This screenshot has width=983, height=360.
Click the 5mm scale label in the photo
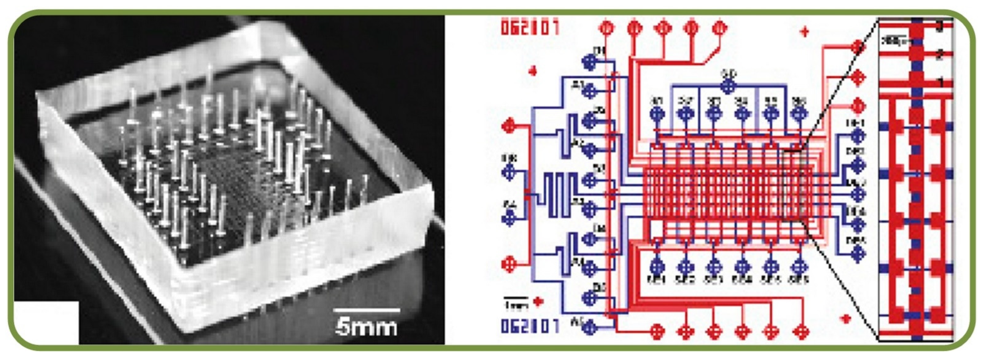pos(366,328)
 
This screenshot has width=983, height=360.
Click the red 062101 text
pos(530,28)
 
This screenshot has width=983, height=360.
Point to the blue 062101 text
pos(530,326)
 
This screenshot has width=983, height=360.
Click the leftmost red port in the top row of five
pos(607,28)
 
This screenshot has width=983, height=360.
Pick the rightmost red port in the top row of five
pos(719,28)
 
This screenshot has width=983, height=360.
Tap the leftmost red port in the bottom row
pos(657,331)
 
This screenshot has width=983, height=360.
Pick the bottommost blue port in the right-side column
pos(857,254)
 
